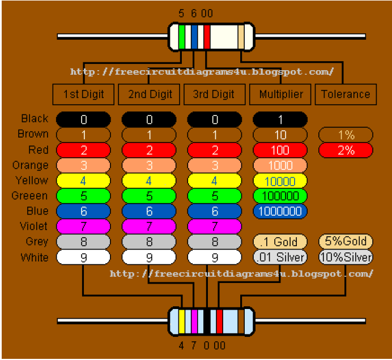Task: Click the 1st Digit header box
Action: click(83, 95)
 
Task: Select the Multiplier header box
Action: click(280, 95)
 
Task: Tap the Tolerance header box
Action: click(346, 95)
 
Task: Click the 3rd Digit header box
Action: click(214, 95)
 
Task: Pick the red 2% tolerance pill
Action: click(346, 150)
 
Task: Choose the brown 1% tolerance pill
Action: click(346, 135)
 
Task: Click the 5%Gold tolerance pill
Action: click(346, 241)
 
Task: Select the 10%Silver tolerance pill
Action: click(346, 257)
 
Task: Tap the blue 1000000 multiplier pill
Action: click(280, 211)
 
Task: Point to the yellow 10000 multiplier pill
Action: click(280, 181)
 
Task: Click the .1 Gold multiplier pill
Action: click(280, 242)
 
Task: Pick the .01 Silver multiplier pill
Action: click(280, 257)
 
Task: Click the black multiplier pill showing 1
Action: click(280, 119)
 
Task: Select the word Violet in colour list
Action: click(35, 226)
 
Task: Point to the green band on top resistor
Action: click(182, 37)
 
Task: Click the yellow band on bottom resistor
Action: click(182, 321)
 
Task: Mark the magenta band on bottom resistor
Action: click(194, 321)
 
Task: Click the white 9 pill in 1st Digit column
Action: click(83, 258)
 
